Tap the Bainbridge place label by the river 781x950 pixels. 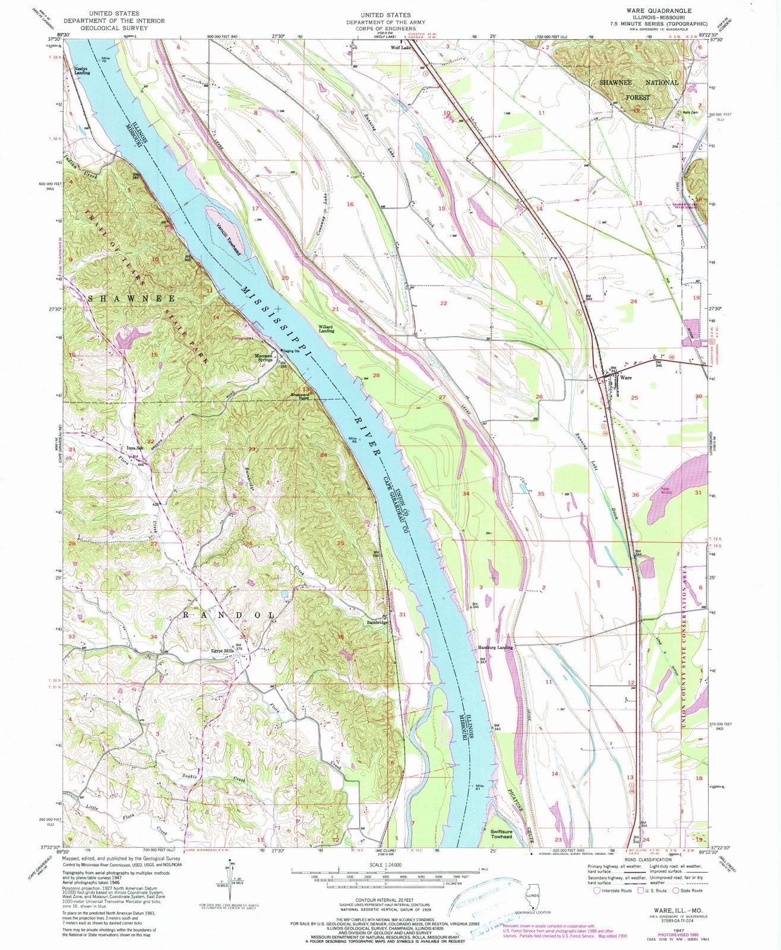point(377,622)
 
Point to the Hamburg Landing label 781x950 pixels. point(495,647)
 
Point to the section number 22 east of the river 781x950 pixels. point(443,303)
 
